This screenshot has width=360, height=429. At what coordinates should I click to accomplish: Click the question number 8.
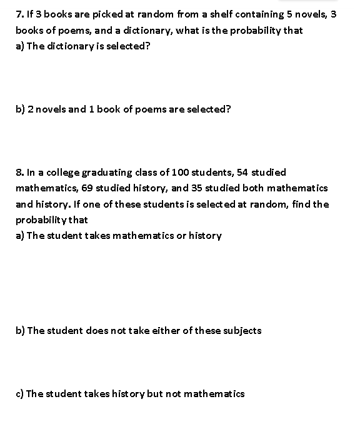19,172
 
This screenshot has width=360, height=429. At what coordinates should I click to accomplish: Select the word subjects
241,331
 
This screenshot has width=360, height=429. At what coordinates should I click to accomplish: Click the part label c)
20,393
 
